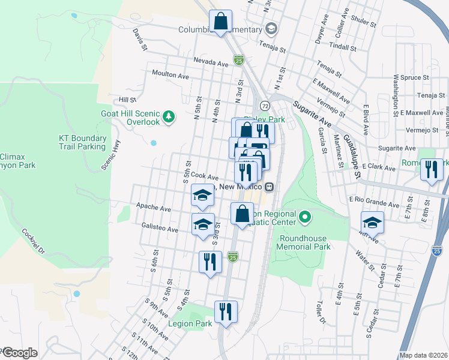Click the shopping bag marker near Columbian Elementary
click(220, 21)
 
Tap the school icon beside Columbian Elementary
click(271, 29)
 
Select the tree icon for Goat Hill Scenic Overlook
click(170, 116)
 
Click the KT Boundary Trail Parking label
click(82, 142)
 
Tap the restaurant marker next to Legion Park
click(226, 312)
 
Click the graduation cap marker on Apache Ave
click(203, 195)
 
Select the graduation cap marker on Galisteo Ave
click(203, 224)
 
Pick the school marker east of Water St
click(372, 223)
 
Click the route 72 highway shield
click(265, 106)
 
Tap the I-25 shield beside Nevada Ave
click(239, 60)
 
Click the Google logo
click(19, 353)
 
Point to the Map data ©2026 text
click(423, 355)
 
